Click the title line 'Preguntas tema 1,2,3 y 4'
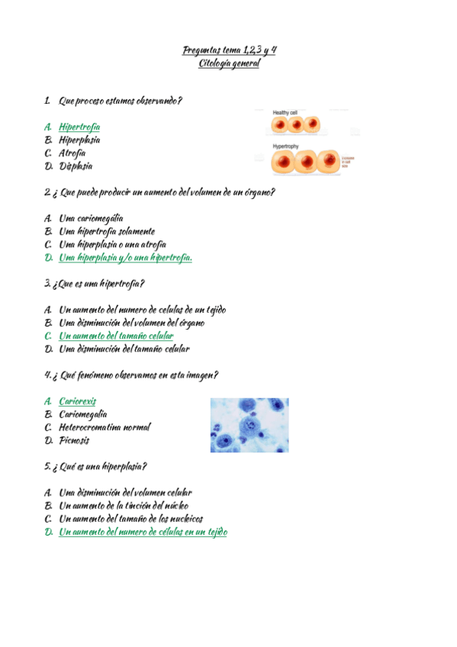pyautogui.click(x=229, y=50)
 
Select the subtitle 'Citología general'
pyautogui.click(x=229, y=63)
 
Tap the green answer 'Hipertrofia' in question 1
pyautogui.click(x=79, y=127)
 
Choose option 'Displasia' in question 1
pyautogui.click(x=76, y=166)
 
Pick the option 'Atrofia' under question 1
pyautogui.click(x=72, y=153)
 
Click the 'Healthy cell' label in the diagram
pyautogui.click(x=285, y=112)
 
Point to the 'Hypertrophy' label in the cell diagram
pyautogui.click(x=287, y=146)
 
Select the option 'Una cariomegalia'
pyautogui.click(x=91, y=218)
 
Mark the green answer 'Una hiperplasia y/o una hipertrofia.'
pyautogui.click(x=125, y=257)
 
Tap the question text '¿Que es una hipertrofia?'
pyautogui.click(x=98, y=284)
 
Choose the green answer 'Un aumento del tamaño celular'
pyautogui.click(x=116, y=336)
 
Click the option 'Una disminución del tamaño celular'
pyautogui.click(x=124, y=349)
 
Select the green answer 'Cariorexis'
pyautogui.click(x=78, y=401)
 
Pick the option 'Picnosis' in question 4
pyautogui.click(x=75, y=440)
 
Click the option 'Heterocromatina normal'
pyautogui.click(x=105, y=427)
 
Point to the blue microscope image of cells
pyautogui.click(x=249, y=424)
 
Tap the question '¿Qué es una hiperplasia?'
pyautogui.click(x=99, y=466)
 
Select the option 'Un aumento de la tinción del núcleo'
pyautogui.click(x=124, y=505)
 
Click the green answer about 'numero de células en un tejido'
pyautogui.click(x=143, y=532)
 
